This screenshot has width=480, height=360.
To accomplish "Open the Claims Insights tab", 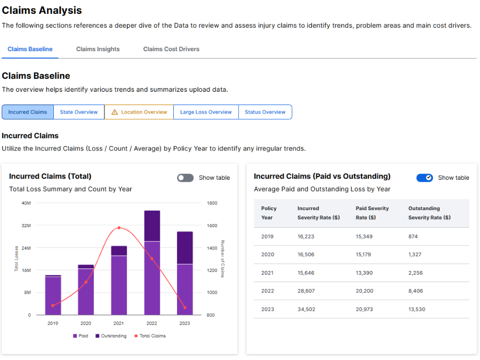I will [98, 49].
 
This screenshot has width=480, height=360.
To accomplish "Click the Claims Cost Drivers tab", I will [171, 49].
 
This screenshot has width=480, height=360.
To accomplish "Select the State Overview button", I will [79, 112].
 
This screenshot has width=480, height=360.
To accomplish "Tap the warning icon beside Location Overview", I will [115, 112].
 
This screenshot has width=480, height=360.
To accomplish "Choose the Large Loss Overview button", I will [206, 112].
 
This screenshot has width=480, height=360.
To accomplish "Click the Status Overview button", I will [265, 112].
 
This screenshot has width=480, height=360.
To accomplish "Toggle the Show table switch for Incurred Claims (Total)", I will [185, 178].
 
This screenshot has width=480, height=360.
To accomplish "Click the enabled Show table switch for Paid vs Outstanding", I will [425, 178].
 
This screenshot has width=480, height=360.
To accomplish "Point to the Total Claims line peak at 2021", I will [119, 228].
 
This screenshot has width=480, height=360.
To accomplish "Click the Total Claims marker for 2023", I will [185, 308].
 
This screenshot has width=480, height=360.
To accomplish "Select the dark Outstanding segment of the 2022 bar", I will [152, 226].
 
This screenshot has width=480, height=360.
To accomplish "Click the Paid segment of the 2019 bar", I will [53, 296].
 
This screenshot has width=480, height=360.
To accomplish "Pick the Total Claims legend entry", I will [150, 336].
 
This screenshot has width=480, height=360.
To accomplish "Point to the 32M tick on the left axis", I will [26, 226].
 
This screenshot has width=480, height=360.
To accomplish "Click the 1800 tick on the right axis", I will [212, 203].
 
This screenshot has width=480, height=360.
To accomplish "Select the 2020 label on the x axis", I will [86, 323].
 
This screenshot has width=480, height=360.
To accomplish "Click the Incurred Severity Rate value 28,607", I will [306, 291].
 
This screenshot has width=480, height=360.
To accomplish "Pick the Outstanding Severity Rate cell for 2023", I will [417, 309].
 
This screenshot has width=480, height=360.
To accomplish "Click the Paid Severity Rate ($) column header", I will [372, 213].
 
